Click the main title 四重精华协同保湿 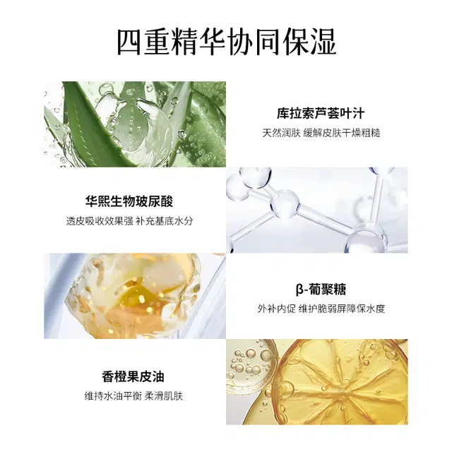click(226, 42)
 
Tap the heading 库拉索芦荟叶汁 click(321, 113)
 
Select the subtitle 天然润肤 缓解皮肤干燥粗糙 click(321, 133)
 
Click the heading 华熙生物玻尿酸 click(129, 201)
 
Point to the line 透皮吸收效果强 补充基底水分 click(129, 221)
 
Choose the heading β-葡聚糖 click(321, 290)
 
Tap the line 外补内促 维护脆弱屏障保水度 click(321, 309)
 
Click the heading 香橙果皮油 click(133, 376)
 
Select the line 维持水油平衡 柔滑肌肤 click(133, 396)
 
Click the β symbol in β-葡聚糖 click(300, 290)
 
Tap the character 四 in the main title click(130, 42)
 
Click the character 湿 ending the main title click(323, 42)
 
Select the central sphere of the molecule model click(285, 203)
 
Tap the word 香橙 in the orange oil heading click(114, 376)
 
